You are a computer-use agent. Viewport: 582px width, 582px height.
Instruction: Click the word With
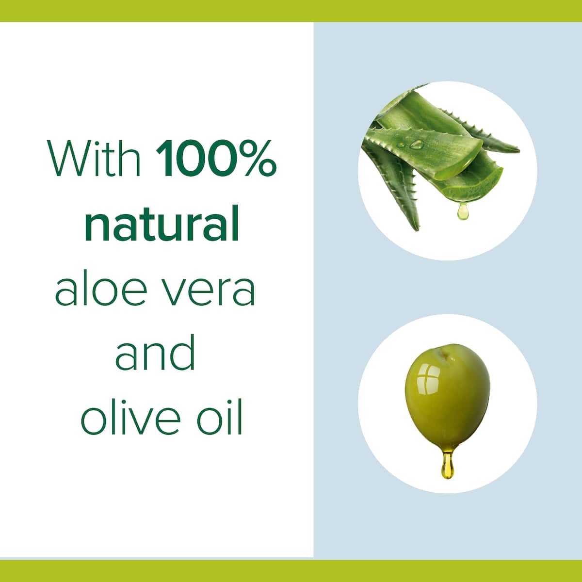pyautogui.click(x=94, y=157)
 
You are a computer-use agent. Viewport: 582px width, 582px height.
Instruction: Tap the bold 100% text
pyautogui.click(x=216, y=158)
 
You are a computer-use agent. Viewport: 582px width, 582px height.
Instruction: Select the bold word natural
pyautogui.click(x=162, y=223)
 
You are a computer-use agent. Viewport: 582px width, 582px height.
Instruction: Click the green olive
pyautogui.click(x=447, y=402)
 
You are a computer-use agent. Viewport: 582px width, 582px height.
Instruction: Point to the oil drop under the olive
pyautogui.click(x=448, y=466)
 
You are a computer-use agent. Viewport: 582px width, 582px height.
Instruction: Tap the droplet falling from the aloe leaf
pyautogui.click(x=462, y=212)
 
